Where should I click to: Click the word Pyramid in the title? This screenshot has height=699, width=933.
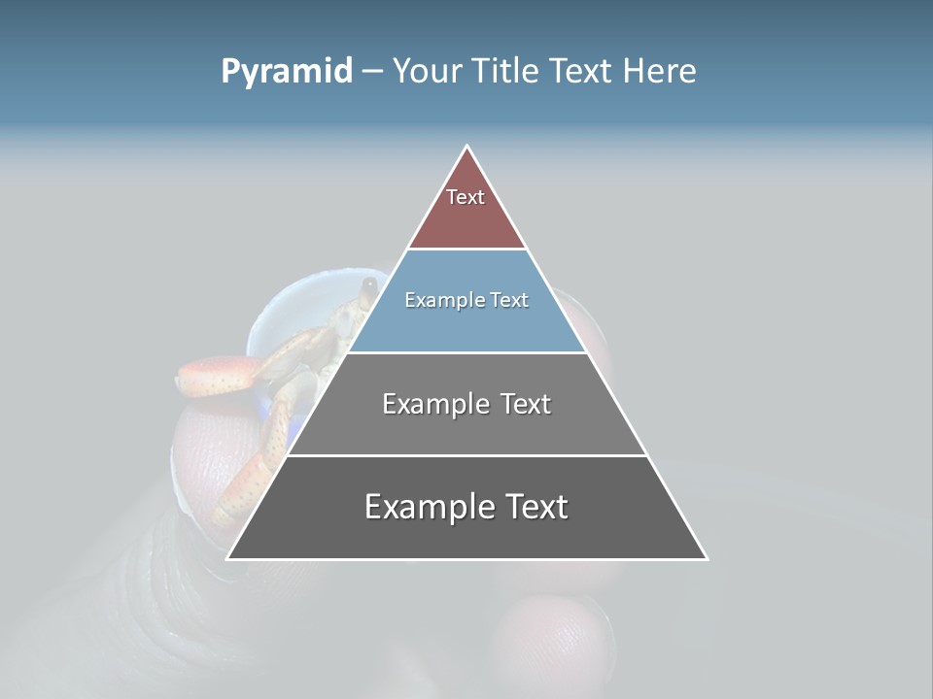coord(286,72)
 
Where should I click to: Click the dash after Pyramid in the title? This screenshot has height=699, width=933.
coord(371,72)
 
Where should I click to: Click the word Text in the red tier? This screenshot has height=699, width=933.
coord(466,197)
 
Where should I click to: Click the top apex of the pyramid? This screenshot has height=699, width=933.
coord(467,147)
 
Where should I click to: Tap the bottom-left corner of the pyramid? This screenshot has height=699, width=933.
coord(227,559)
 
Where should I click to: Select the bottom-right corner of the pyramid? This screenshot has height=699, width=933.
coord(708,559)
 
